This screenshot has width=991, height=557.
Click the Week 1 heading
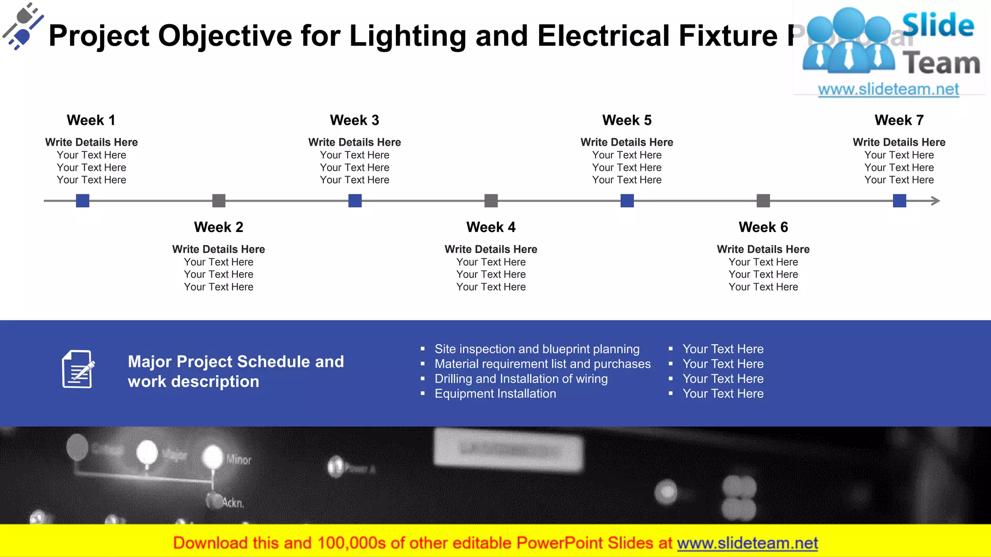91,120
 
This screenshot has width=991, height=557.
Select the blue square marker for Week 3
355,201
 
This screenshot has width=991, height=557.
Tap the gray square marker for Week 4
491,201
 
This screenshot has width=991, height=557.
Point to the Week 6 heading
763,227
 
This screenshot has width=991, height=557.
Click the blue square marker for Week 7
900,201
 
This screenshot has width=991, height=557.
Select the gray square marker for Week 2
219,201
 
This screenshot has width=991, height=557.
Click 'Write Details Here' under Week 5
627,142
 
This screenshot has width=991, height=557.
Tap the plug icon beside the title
22,27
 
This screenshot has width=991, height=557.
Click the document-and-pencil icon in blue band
78,369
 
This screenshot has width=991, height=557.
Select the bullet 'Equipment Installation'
495,394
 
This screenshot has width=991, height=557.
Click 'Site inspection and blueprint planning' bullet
537,349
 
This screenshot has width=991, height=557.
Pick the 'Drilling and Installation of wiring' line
521,379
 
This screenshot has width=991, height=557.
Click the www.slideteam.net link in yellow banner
747,543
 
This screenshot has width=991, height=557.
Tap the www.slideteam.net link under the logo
888,89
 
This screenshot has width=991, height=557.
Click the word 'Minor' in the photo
239,459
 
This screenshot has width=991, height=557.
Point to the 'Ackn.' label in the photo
233,503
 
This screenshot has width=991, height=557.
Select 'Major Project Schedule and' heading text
236,362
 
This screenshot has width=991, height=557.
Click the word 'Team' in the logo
941,64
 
